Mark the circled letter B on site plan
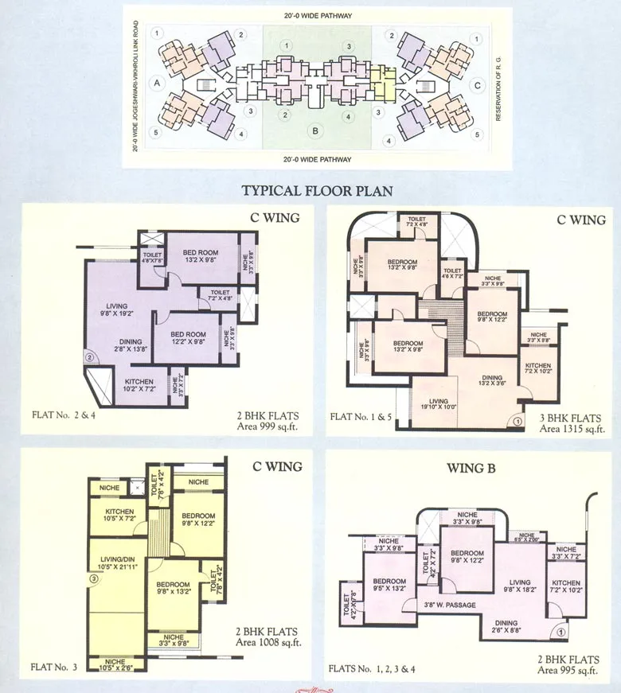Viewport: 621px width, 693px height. [316, 130]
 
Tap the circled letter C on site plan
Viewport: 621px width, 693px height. [476, 84]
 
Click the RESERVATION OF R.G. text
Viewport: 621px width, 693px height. [497, 87]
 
